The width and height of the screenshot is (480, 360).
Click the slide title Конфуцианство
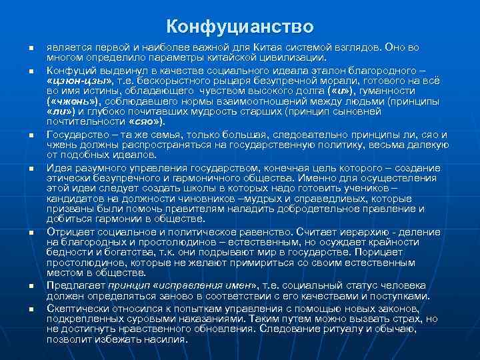tap(239, 27)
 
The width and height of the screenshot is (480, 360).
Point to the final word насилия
tap(167, 339)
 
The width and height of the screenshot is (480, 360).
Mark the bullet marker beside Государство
tap(30, 135)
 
